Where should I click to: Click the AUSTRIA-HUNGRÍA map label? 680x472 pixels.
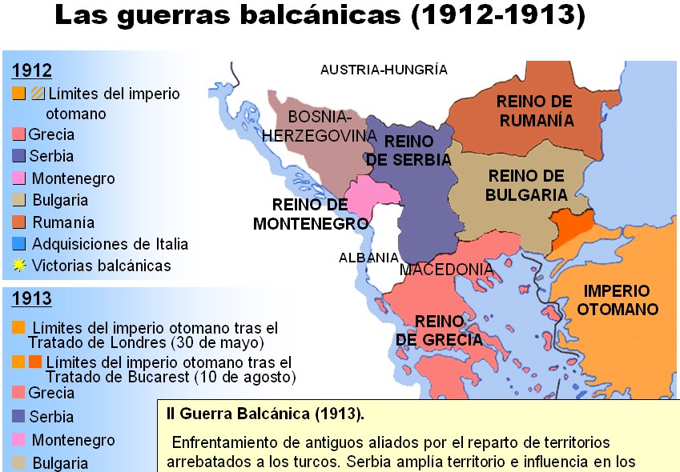click(x=384, y=70)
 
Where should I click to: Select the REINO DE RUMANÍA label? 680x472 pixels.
click(x=535, y=111)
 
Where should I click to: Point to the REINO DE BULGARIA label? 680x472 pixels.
click(x=527, y=185)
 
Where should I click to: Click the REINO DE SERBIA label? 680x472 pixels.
click(x=408, y=150)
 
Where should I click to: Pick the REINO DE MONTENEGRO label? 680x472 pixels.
click(x=310, y=214)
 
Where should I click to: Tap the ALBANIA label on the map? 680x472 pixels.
click(x=368, y=258)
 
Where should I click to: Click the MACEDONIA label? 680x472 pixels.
click(x=446, y=270)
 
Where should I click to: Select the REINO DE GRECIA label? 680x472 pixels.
click(x=438, y=330)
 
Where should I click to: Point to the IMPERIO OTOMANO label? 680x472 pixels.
click(x=618, y=300)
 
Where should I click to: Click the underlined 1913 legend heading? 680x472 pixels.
click(x=32, y=299)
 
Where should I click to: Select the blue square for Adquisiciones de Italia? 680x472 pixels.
click(x=19, y=243)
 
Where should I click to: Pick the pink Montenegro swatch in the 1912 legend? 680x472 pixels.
click(x=19, y=178)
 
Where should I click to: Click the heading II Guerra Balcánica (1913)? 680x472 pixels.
click(x=265, y=414)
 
